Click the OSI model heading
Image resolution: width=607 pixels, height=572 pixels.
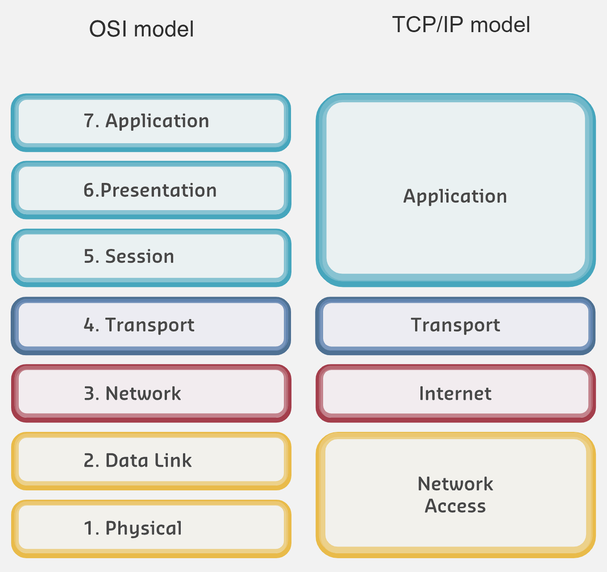click(141, 29)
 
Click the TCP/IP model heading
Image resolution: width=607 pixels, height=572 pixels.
click(461, 25)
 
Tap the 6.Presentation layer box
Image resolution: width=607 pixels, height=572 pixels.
click(151, 190)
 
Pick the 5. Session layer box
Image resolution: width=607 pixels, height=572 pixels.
click(151, 257)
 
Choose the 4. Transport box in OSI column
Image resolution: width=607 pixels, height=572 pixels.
click(151, 325)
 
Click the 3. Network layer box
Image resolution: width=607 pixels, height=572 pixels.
click(151, 393)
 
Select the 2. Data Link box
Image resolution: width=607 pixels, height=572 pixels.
click(151, 460)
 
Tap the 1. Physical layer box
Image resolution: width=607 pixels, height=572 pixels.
click(151, 528)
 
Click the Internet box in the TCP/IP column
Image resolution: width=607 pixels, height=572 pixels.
click(455, 393)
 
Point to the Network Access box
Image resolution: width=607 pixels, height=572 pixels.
click(455, 494)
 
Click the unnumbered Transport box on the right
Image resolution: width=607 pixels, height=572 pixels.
click(455, 325)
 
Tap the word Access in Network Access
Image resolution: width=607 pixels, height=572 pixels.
click(455, 506)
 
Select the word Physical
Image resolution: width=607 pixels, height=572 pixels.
click(144, 529)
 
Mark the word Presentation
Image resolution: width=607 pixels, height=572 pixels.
click(158, 191)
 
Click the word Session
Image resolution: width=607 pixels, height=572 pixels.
click(140, 257)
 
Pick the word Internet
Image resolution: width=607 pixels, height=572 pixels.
click(455, 394)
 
